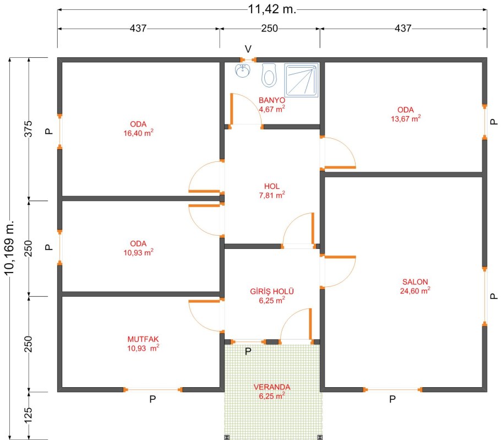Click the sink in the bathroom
coord(242,70)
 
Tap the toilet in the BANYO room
coord(269,75)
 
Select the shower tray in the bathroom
coord(301,80)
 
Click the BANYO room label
coord(272,100)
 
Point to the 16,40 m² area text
coord(138,133)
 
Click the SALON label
coord(415,282)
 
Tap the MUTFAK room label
coord(143,339)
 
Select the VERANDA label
coord(272,387)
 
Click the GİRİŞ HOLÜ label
coord(272,291)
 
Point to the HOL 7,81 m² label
coord(272,191)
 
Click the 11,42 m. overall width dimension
coord(272,9)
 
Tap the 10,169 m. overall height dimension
coord(9,247)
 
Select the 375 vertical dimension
coord(29,129)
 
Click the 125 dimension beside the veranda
coord(29,415)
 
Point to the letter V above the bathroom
coord(248,49)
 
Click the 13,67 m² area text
coord(406,118)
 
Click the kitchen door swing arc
coord(198,321)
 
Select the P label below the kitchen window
coord(153,399)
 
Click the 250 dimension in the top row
coord(269,29)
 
